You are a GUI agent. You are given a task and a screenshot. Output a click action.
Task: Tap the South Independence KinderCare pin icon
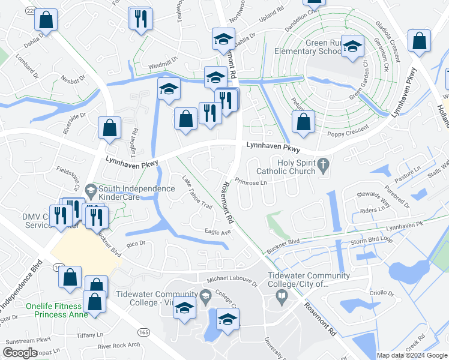(91, 191)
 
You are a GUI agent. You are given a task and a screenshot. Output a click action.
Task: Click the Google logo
(20, 353)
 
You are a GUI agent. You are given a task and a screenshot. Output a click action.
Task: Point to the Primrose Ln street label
(250, 182)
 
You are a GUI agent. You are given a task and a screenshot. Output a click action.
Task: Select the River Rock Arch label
(119, 346)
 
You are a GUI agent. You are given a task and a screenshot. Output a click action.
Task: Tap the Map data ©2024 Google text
(411, 355)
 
